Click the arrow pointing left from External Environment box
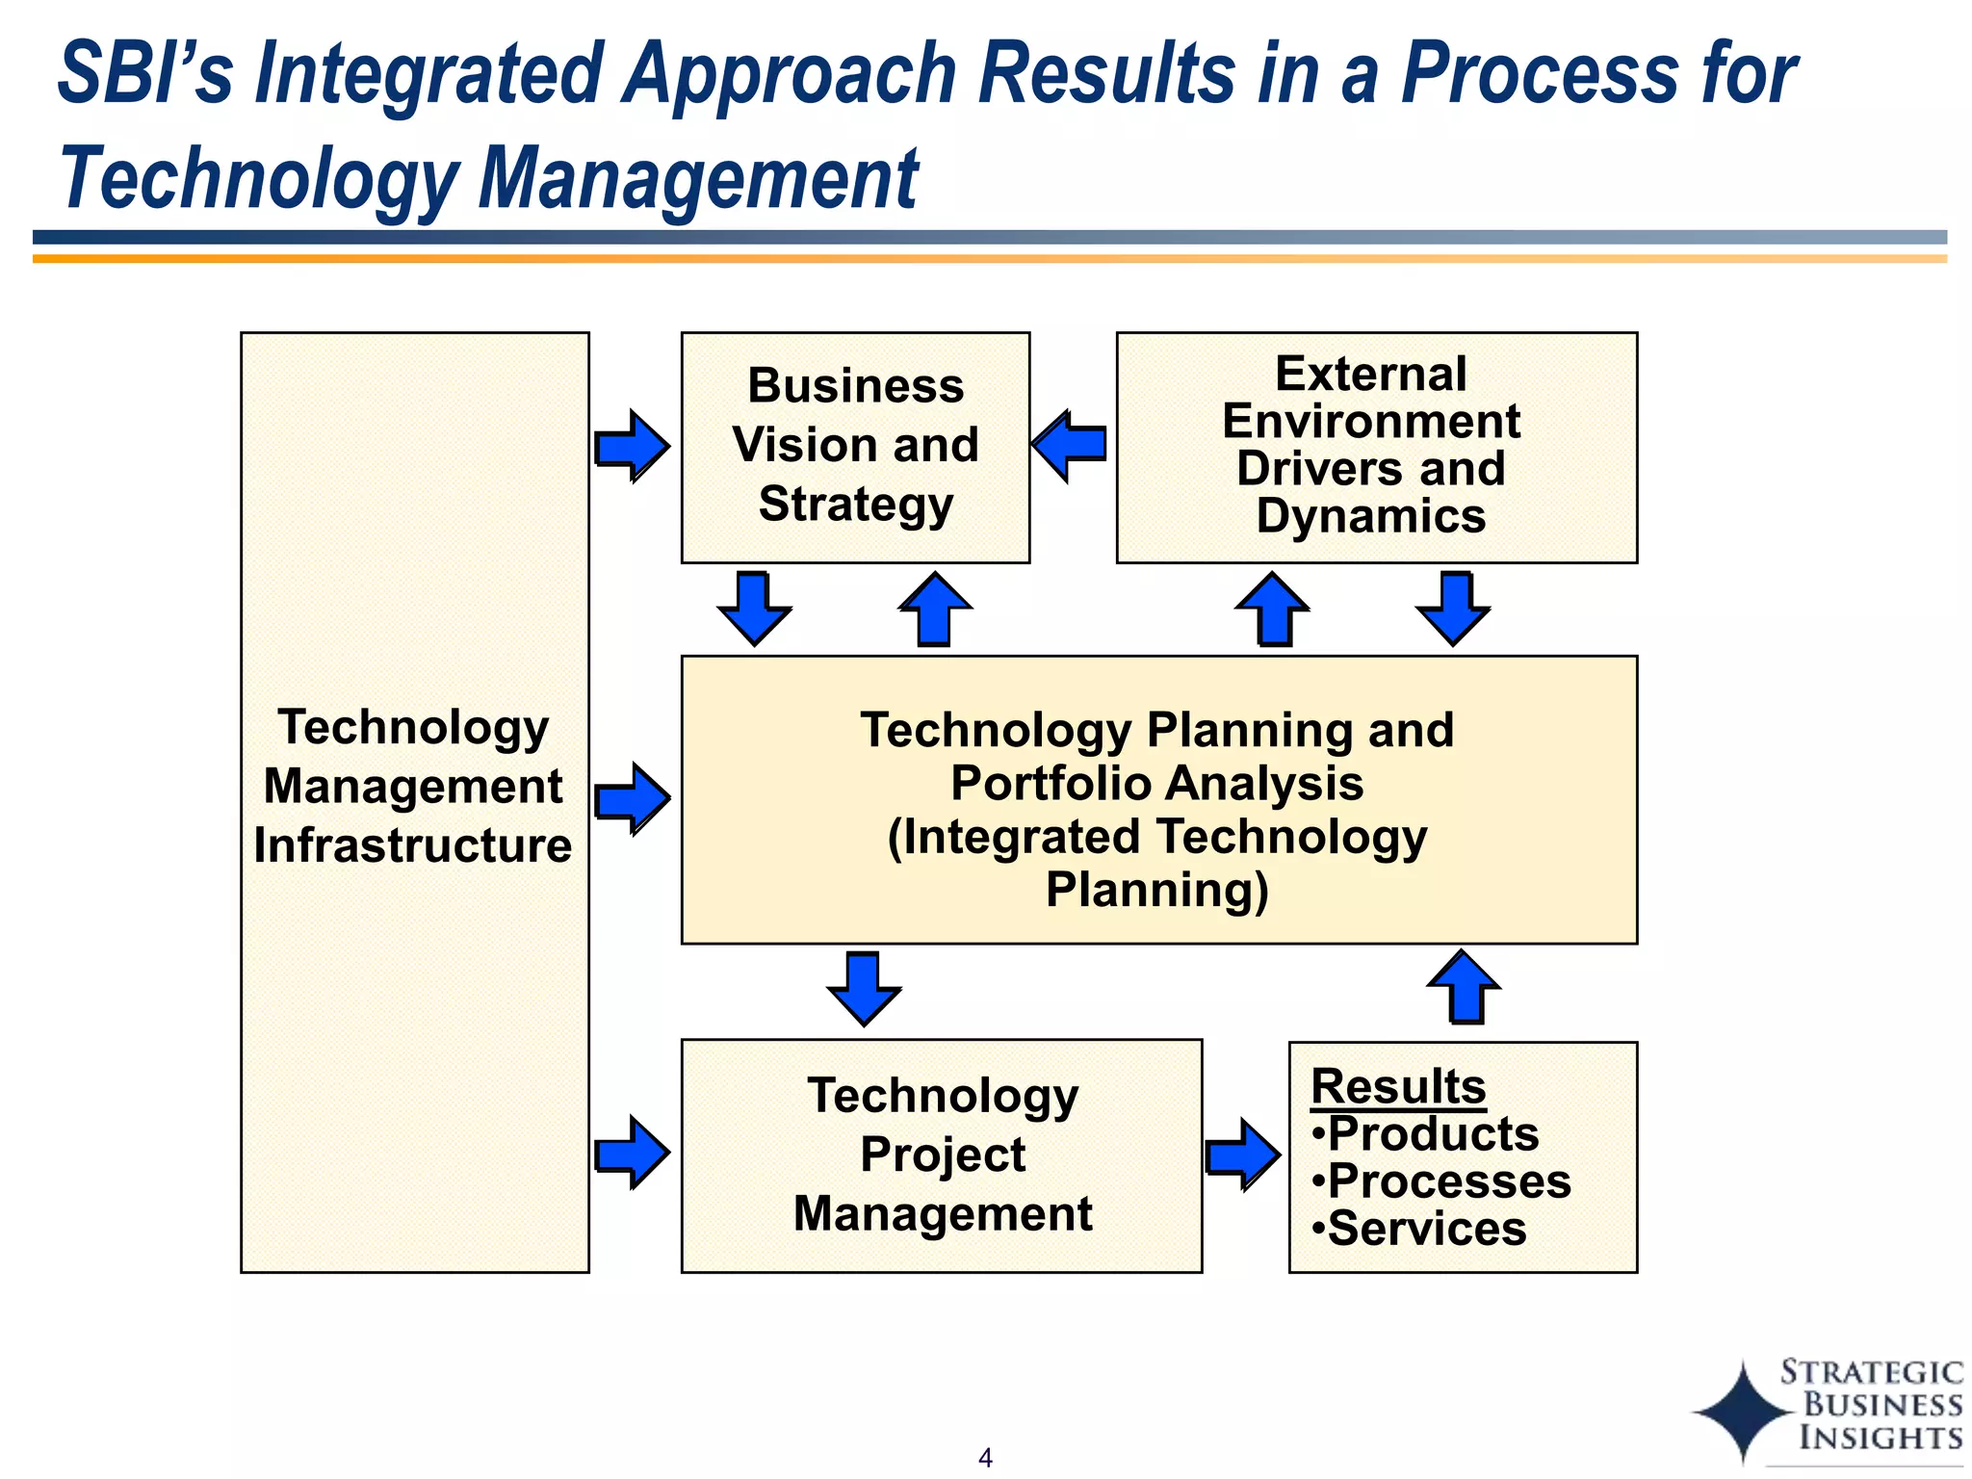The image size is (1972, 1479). pos(1069,445)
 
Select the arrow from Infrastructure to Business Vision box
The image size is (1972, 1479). pos(632,446)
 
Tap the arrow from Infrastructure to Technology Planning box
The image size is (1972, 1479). pos(632,798)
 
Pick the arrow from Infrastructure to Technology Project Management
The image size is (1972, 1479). pos(632,1152)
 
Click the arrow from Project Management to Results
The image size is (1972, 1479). pos(1243,1155)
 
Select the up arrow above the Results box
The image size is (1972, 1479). pos(1464,987)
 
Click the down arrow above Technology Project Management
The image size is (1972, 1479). pos(864,989)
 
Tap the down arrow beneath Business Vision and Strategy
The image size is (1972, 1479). pos(754,609)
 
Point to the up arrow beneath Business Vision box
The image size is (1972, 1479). pos(935,609)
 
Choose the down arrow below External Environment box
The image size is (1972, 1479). pos(1453,609)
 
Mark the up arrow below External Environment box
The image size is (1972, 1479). pos(1272,609)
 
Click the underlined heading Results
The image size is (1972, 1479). pos(1398,1086)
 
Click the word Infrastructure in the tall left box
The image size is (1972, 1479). pos(413,845)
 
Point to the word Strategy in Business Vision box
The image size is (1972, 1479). pos(856,505)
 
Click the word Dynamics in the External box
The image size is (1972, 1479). pos(1371,516)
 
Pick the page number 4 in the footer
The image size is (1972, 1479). pos(985,1458)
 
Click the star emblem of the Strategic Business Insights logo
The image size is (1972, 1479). pos(1743,1412)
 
